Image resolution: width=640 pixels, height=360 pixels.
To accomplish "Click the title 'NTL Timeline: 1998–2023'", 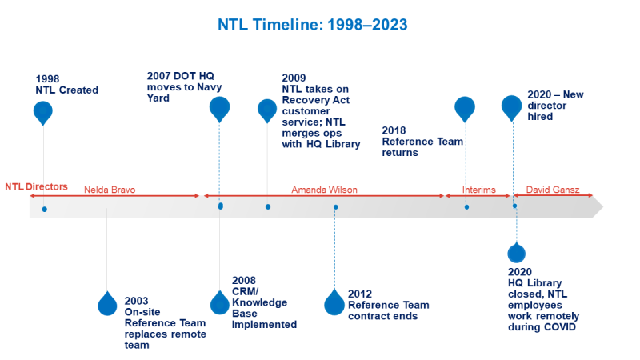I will [313, 25].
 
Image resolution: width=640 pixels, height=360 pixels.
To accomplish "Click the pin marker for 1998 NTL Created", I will [43, 113].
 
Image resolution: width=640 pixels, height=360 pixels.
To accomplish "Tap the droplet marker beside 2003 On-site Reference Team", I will [107, 302].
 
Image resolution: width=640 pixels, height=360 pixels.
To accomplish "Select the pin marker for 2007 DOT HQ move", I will [219, 109].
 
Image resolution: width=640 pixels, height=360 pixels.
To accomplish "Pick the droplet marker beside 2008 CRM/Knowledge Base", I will [219, 302].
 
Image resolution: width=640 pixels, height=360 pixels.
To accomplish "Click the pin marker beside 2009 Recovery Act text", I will [267, 110].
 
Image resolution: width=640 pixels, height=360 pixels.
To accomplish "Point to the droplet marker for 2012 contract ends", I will [334, 302].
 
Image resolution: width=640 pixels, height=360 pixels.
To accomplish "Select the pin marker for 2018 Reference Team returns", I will [465, 108].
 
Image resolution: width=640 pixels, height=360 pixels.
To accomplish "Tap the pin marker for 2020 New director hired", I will [512, 107].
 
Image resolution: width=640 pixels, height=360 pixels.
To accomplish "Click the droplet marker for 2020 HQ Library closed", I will [516, 254].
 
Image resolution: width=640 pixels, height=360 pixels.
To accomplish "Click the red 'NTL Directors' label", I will [36, 187].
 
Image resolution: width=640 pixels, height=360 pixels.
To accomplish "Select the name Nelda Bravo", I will [110, 190].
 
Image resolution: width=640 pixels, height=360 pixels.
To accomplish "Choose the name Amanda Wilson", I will [324, 190].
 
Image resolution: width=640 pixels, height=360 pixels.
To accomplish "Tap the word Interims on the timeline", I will [479, 190].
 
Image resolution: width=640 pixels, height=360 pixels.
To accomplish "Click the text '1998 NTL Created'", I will [67, 85].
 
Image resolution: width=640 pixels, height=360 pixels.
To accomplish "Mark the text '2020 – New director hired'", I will [556, 105].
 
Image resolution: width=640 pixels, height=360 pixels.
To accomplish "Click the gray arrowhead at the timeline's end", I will [595, 208].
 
